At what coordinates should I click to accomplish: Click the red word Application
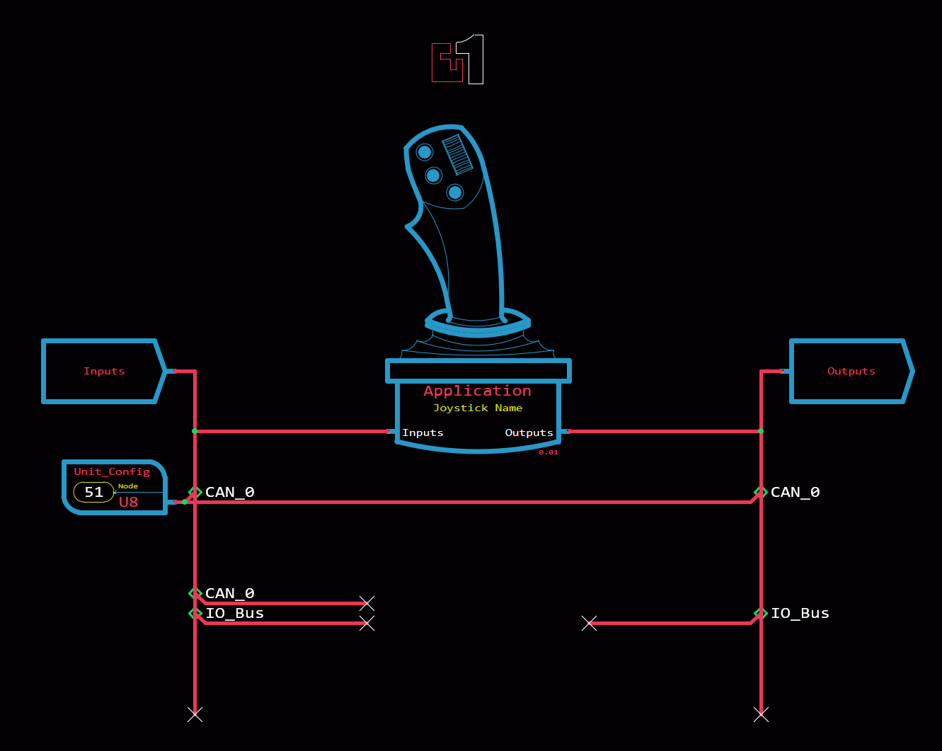click(477, 391)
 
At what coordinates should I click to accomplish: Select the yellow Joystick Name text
click(478, 408)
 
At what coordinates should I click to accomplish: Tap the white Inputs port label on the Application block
click(423, 432)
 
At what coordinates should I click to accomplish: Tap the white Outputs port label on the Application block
click(529, 432)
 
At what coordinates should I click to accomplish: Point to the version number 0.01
click(548, 452)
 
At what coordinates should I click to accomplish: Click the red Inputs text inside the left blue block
click(104, 372)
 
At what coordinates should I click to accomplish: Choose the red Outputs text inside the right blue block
click(851, 372)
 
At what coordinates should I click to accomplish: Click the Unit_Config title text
click(112, 471)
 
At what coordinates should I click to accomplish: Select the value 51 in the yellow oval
click(93, 492)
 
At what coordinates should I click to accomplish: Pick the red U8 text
click(128, 502)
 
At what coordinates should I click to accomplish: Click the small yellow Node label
click(128, 486)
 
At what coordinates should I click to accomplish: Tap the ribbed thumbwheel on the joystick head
click(457, 154)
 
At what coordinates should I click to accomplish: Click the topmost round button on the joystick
click(424, 152)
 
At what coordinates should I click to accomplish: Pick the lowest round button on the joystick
click(455, 193)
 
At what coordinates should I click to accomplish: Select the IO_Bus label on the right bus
click(800, 613)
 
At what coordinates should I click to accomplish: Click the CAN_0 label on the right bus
click(795, 492)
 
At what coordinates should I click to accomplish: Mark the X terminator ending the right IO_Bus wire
click(589, 623)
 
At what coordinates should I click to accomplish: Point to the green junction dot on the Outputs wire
click(761, 431)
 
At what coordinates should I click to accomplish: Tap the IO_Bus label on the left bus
click(235, 613)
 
